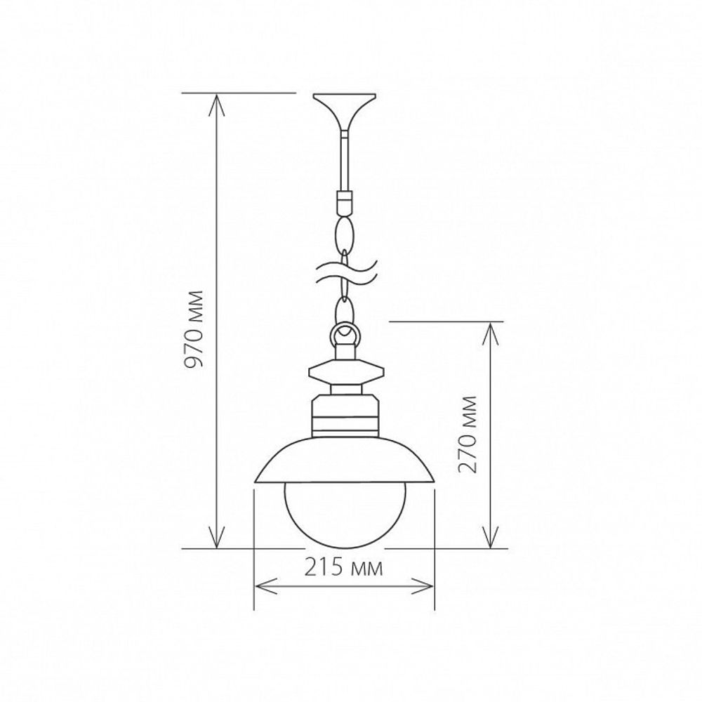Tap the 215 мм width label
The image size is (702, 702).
[x=344, y=568]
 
